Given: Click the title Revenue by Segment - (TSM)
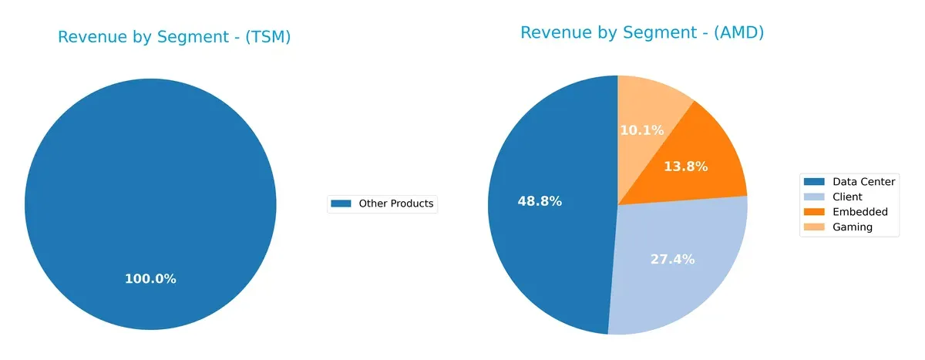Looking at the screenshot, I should [174, 37].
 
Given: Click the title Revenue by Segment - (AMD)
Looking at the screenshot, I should [641, 32].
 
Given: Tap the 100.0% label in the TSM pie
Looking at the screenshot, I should [150, 279].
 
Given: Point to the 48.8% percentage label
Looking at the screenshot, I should [539, 201].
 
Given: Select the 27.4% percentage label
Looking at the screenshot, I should [671, 260].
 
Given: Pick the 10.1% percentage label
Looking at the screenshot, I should [641, 130].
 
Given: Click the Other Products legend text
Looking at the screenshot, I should [396, 204].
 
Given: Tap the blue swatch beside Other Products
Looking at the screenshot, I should [341, 204].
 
